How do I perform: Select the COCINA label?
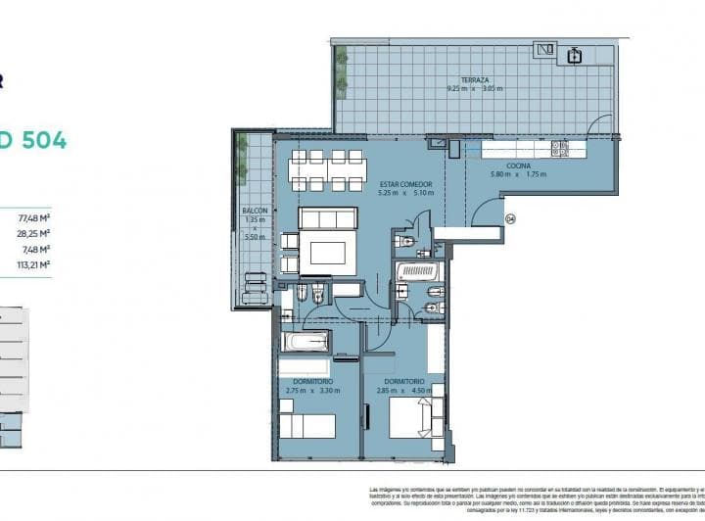[x=519, y=166]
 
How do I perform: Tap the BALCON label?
[x=254, y=211]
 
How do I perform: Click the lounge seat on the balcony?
[x=254, y=286]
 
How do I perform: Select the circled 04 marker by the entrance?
[x=510, y=218]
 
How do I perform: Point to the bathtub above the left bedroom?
[x=305, y=342]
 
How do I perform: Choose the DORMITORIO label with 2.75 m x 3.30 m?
[x=311, y=381]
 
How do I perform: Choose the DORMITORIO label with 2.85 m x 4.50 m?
[x=404, y=381]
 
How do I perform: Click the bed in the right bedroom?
[x=411, y=423]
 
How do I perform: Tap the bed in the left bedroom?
[x=306, y=426]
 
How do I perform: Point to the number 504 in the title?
[x=39, y=140]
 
